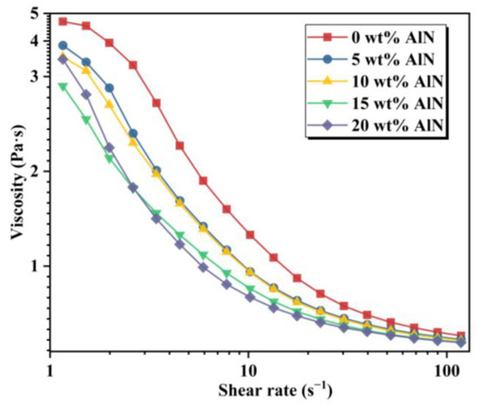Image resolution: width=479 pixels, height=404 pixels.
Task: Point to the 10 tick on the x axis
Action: click(248, 367)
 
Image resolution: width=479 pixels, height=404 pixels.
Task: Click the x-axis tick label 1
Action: click(51, 367)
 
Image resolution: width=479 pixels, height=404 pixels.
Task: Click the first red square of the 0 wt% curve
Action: click(63, 21)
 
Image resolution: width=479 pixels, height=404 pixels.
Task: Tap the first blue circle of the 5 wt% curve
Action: click(63, 45)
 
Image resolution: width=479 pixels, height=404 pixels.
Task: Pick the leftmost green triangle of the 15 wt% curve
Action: click(63, 86)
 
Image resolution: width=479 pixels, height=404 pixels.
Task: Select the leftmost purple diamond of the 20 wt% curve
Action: click(63, 59)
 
